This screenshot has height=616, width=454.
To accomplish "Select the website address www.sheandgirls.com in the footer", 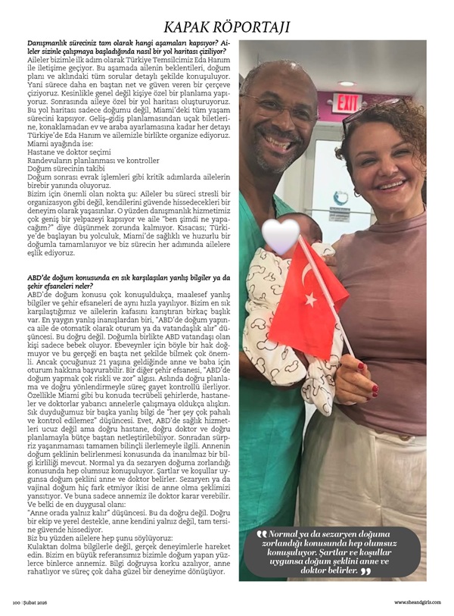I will tap(417, 602).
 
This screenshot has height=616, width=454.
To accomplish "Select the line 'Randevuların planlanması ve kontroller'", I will tap(82, 160).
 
